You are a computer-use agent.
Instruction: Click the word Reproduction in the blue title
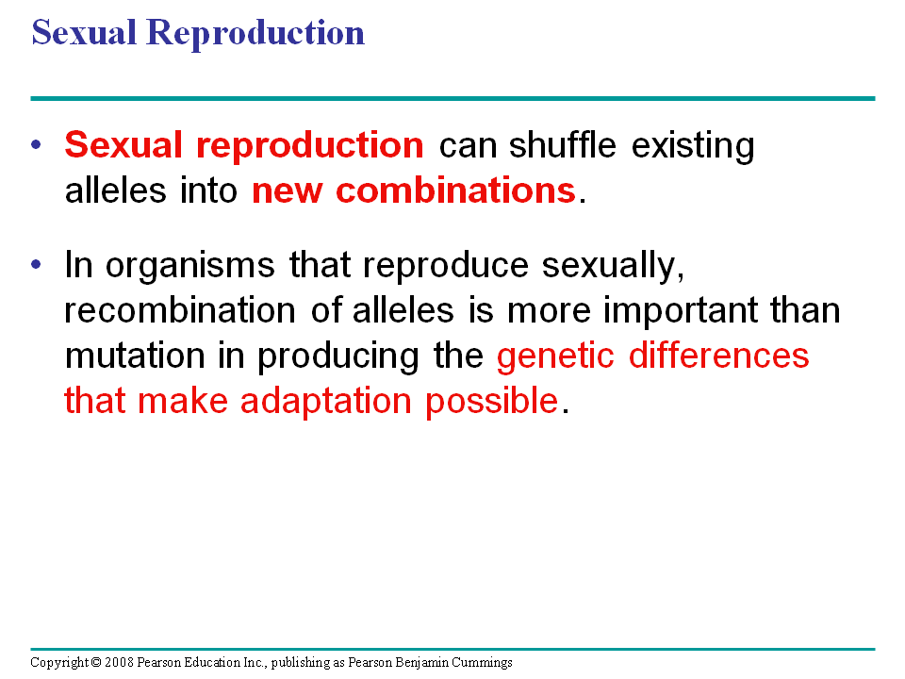255,34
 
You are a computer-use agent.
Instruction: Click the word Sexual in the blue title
84,32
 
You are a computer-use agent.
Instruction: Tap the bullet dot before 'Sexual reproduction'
37,144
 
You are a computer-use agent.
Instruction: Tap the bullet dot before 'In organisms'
37,264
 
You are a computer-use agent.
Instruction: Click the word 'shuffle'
562,144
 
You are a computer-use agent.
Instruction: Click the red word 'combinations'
456,190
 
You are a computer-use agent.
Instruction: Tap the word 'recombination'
179,310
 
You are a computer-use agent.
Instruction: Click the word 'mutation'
135,356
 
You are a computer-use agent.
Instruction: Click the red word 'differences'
718,356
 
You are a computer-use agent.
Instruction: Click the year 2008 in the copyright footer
119,662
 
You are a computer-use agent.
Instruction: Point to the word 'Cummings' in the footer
482,663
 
